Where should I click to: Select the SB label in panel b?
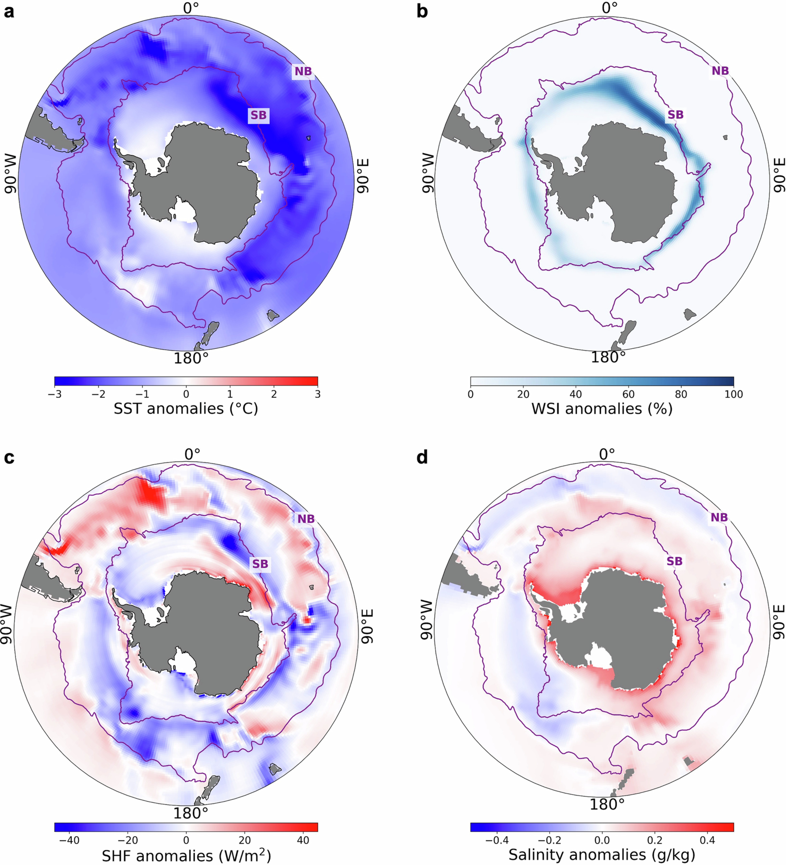pos(675,115)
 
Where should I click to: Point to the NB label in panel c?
pos(306,519)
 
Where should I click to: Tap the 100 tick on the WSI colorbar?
pos(733,394)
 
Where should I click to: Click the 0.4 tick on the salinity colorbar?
pos(707,840)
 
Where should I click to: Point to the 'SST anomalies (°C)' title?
pos(186,408)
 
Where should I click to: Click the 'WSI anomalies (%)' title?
pos(602,408)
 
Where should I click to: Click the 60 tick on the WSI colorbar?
pos(628,394)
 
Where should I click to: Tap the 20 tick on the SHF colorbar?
pos(244,840)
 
